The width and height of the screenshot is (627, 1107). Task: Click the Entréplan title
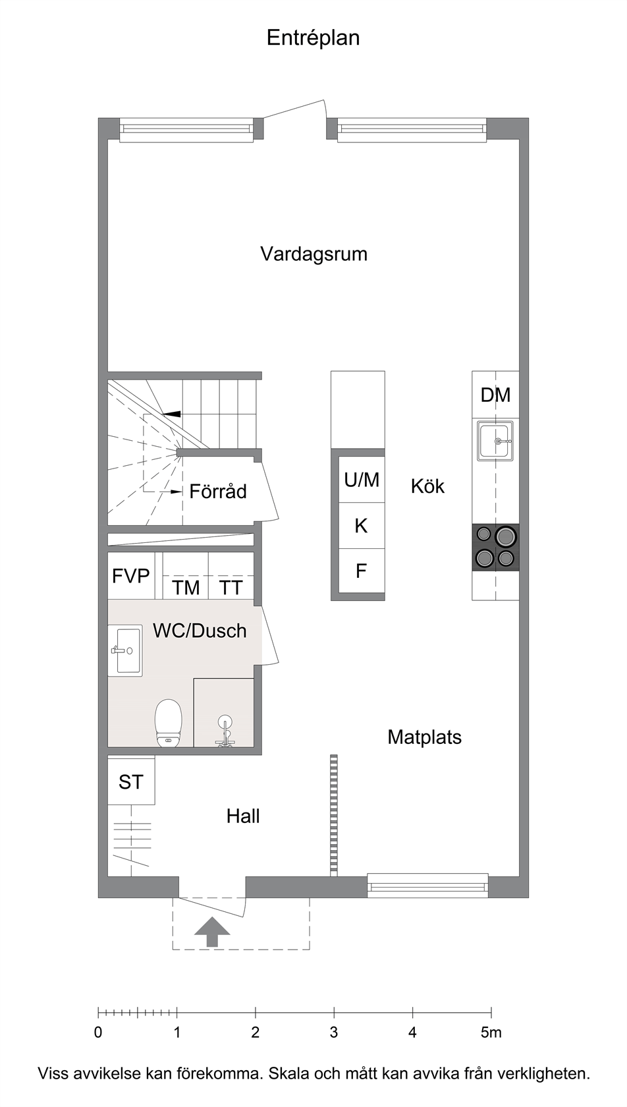(313, 38)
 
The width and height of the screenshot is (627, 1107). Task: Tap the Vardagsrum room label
(313, 254)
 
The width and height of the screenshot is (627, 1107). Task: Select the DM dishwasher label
(495, 395)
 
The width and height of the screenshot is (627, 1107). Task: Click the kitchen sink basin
(495, 440)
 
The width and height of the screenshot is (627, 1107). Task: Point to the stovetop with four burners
(495, 547)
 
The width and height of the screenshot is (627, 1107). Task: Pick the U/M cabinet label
(362, 480)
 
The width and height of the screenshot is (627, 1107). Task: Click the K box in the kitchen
(361, 526)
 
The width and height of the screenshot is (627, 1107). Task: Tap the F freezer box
(361, 571)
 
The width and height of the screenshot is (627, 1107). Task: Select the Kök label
(427, 486)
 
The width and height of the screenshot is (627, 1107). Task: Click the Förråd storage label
(218, 492)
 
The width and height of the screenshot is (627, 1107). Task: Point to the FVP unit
(131, 576)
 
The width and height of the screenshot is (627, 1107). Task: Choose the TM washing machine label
(186, 588)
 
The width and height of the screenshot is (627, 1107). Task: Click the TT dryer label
(231, 588)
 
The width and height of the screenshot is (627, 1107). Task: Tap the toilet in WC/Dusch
(169, 722)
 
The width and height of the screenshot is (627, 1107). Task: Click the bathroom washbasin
(126, 650)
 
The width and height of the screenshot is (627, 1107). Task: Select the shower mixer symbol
(225, 730)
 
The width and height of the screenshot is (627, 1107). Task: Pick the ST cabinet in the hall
(132, 781)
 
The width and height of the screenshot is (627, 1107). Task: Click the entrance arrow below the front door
(212, 932)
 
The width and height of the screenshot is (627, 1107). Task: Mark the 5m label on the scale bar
(491, 1033)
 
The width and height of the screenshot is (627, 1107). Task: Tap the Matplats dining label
(424, 737)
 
